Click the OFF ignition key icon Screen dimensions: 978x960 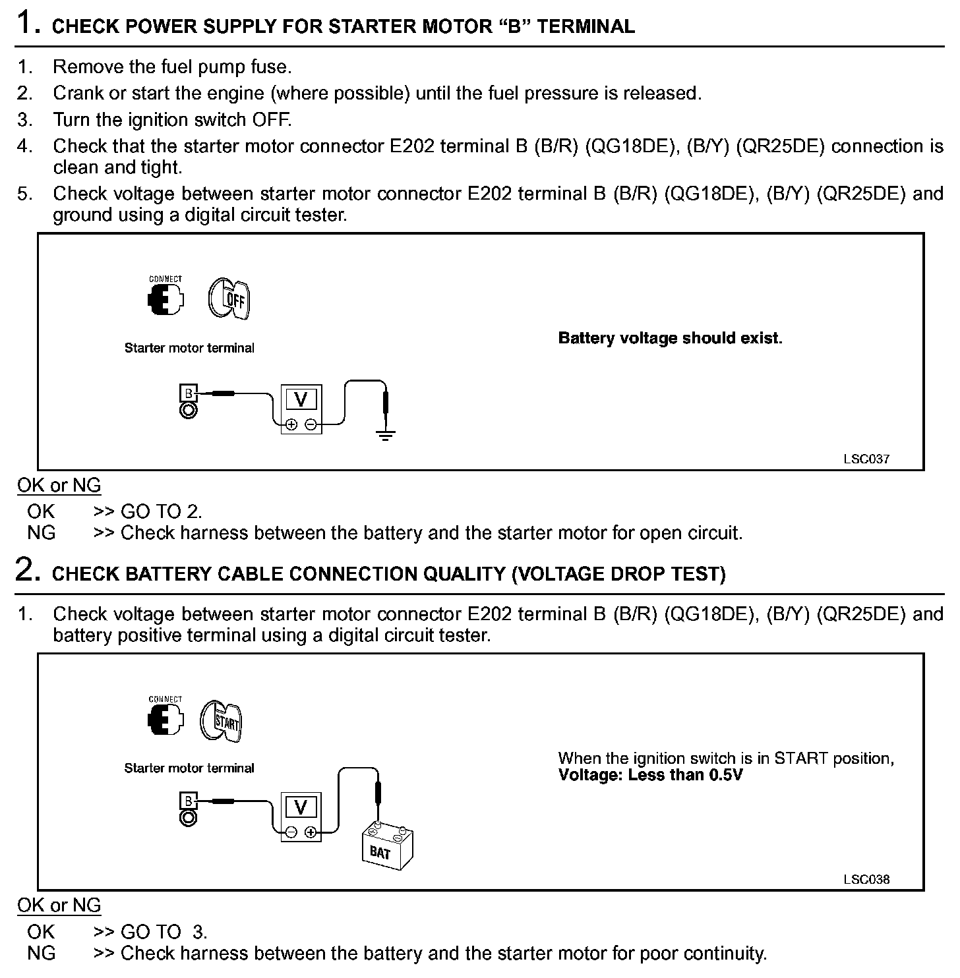click(229, 299)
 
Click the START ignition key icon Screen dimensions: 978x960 click(222, 721)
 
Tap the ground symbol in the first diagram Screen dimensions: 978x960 click(386, 434)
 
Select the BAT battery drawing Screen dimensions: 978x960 click(387, 847)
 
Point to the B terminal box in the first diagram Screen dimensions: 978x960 click(189, 393)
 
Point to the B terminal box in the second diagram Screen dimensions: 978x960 click(189, 801)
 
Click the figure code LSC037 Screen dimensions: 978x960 click(866, 459)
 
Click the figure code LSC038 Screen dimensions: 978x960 click(866, 879)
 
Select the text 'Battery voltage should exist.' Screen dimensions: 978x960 click(670, 338)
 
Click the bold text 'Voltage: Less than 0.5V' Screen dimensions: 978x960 click(650, 775)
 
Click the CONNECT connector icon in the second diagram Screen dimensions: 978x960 click(165, 720)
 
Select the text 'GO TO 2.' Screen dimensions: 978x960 click(162, 511)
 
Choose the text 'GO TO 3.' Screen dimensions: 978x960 click(164, 932)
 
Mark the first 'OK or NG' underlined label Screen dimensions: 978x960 click(59, 486)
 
